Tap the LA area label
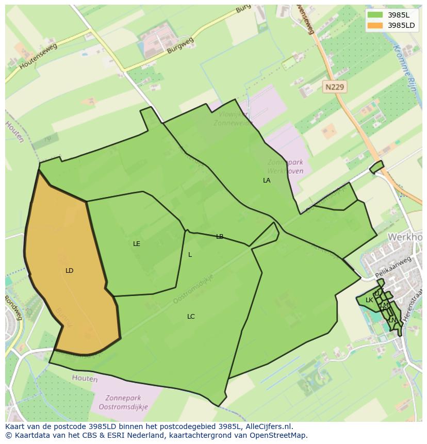[267, 180]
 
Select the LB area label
[220, 237]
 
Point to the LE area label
[137, 244]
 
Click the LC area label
[191, 317]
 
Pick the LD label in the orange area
[70, 271]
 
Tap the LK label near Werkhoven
[369, 300]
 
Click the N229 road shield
[335, 87]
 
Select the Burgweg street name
[180, 45]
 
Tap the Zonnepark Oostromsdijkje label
[126, 402]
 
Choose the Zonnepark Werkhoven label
[285, 167]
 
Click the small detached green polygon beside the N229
[376, 167]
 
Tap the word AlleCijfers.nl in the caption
[269, 426]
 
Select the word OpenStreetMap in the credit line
[281, 435]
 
